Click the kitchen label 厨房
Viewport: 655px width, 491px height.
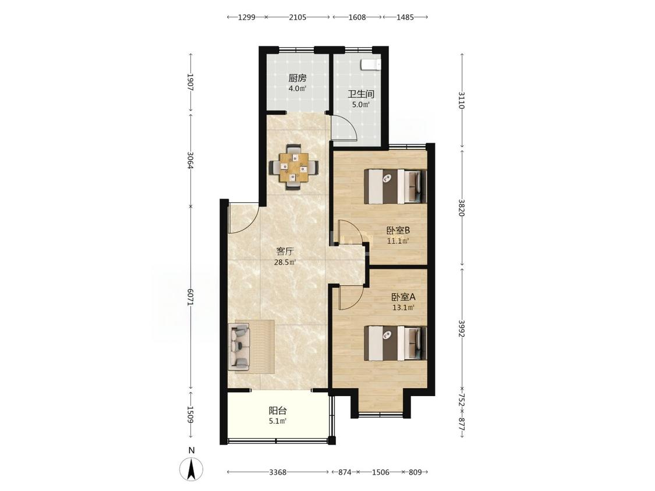[298, 78]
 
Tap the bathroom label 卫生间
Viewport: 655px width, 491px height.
[361, 94]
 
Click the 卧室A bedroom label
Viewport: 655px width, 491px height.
[403, 297]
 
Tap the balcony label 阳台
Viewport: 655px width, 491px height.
[277, 410]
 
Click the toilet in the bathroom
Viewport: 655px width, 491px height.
[371, 65]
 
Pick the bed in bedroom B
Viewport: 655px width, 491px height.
[396, 186]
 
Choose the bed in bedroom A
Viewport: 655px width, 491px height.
[396, 344]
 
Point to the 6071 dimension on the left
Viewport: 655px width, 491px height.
[190, 299]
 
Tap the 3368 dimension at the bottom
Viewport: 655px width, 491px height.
[277, 472]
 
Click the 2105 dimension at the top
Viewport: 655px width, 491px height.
[298, 17]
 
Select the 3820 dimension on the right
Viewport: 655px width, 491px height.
[461, 207]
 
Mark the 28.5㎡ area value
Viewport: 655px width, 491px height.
[285, 262]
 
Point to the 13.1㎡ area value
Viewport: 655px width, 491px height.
[403, 308]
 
